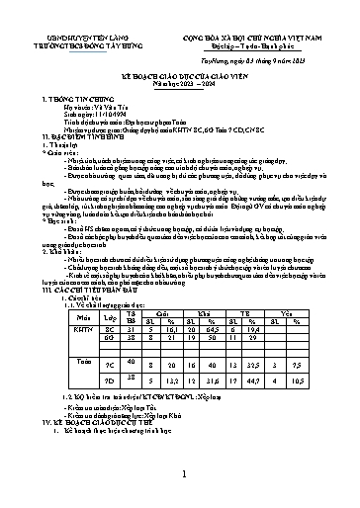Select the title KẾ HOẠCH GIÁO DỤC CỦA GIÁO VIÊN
tap(180, 75)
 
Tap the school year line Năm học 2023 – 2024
tap(180, 83)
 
